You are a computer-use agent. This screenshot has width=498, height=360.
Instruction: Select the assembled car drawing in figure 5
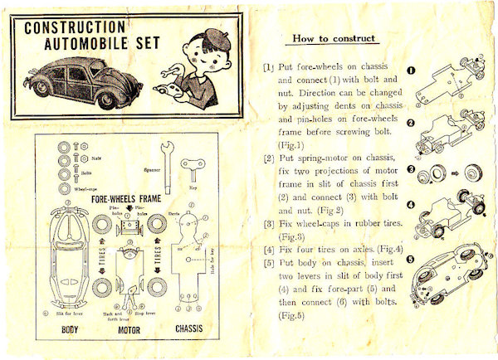point(452,278)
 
